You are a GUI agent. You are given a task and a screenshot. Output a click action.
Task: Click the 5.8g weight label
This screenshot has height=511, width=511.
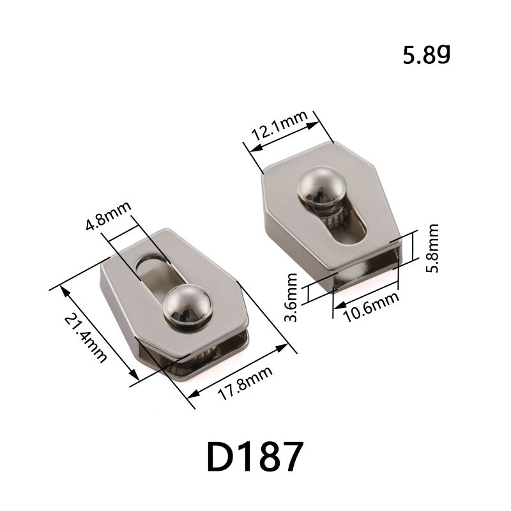pos(427,56)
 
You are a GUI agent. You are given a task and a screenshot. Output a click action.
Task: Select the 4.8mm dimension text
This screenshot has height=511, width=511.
pos(108,217)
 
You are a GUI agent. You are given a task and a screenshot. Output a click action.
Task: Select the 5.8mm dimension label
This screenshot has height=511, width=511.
pos(433,248)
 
